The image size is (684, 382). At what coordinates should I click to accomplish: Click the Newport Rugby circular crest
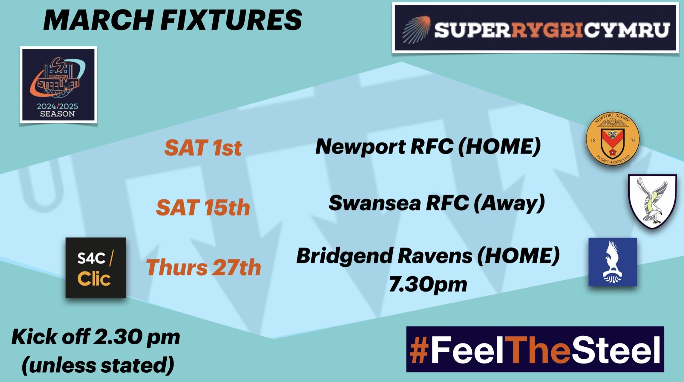[613, 139]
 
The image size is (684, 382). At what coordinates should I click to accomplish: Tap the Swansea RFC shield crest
[652, 201]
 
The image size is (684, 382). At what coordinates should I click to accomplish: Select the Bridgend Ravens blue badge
[612, 262]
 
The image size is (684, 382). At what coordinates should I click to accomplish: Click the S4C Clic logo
[96, 268]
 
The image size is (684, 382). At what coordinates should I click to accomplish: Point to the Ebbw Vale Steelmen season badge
[58, 85]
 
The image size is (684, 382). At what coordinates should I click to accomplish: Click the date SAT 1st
[203, 148]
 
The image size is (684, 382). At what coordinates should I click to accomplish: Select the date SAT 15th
[203, 207]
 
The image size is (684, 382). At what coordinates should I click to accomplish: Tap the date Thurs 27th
[203, 267]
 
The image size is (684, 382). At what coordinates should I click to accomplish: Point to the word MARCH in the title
[99, 20]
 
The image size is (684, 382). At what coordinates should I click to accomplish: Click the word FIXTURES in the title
[232, 20]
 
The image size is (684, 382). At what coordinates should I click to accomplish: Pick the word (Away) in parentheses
[509, 203]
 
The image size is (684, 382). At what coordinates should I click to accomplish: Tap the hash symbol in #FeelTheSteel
[419, 350]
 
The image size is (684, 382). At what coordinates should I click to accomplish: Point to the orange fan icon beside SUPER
[416, 30]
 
